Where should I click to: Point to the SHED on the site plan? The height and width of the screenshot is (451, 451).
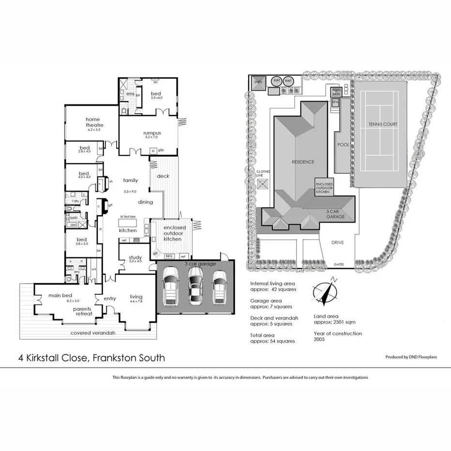coord(257,82)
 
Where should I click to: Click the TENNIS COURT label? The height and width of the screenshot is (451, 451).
coord(382,124)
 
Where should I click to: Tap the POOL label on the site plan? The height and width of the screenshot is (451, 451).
coord(343,145)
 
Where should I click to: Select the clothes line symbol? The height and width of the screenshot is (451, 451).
coord(264,184)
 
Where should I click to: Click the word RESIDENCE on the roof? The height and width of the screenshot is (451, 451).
coord(302,162)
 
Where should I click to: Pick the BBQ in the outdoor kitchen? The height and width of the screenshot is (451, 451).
coord(169,256)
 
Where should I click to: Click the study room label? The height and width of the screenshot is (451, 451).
coord(135,257)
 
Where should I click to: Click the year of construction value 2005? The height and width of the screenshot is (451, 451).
coord(319,339)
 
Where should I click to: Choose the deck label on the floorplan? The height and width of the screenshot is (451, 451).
coord(163,176)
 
